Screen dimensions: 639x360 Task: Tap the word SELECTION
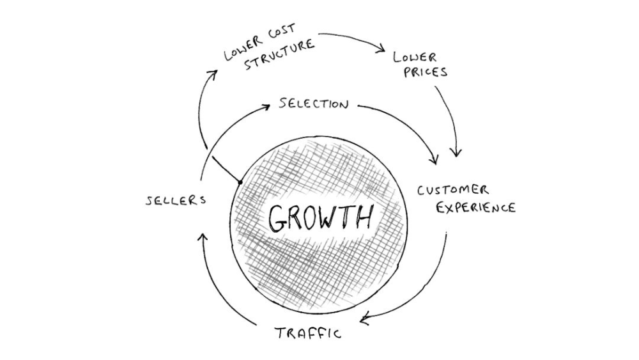point(314,104)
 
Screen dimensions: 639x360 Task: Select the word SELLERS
point(176,200)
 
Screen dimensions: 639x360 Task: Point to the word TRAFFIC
point(308,333)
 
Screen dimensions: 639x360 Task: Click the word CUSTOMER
point(453,190)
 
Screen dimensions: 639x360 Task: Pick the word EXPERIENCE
point(476,208)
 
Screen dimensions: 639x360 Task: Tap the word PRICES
point(426,72)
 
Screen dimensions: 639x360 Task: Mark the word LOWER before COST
point(243,49)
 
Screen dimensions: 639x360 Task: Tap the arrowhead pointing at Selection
point(265,107)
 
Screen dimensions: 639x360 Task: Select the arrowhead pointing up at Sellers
point(203,237)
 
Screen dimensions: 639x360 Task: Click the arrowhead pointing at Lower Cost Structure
point(212,74)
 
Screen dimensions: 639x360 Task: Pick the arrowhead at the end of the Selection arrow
point(435,159)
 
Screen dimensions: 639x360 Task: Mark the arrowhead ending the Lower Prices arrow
point(456,152)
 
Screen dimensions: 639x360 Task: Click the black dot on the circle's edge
point(240,182)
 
